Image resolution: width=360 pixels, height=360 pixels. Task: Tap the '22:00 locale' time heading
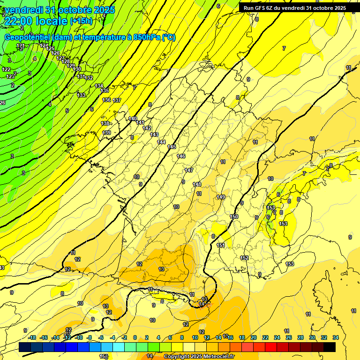tap(36, 21)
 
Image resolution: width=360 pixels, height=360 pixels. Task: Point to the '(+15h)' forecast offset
tap(81, 21)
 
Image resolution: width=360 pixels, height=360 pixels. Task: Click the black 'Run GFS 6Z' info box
tap(294, 7)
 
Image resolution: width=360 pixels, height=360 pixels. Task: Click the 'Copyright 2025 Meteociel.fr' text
tap(199, 356)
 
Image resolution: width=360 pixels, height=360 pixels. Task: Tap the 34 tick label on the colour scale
tap(336, 337)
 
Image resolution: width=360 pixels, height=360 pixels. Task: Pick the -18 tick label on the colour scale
tap(32, 337)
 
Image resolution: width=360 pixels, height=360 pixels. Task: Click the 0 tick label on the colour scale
tap(135, 337)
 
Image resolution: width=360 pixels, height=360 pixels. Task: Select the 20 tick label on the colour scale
tap(253, 337)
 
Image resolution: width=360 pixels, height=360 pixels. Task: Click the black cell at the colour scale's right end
tap(330, 347)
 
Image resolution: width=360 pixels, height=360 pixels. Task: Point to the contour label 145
tap(172, 147)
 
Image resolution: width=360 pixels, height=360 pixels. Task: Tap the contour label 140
tap(133, 119)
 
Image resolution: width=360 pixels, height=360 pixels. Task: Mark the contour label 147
tap(189, 170)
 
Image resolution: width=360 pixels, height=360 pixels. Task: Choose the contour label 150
tap(234, 217)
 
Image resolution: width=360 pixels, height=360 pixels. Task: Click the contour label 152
tap(244, 258)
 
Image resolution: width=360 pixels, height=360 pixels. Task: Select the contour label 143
tap(154, 135)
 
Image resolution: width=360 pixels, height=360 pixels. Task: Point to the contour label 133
tap(82, 95)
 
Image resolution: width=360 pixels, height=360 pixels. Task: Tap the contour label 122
tap(7, 69)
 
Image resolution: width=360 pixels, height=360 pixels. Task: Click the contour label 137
tap(117, 100)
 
